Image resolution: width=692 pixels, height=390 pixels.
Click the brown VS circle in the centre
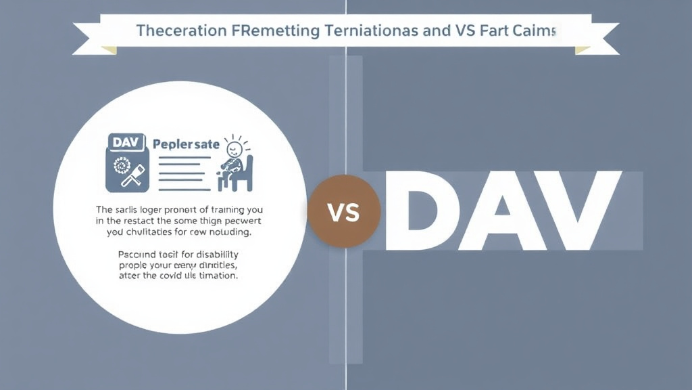(344, 212)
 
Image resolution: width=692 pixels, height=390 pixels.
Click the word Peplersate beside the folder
(186, 144)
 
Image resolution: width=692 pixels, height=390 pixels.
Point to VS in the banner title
(472, 30)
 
